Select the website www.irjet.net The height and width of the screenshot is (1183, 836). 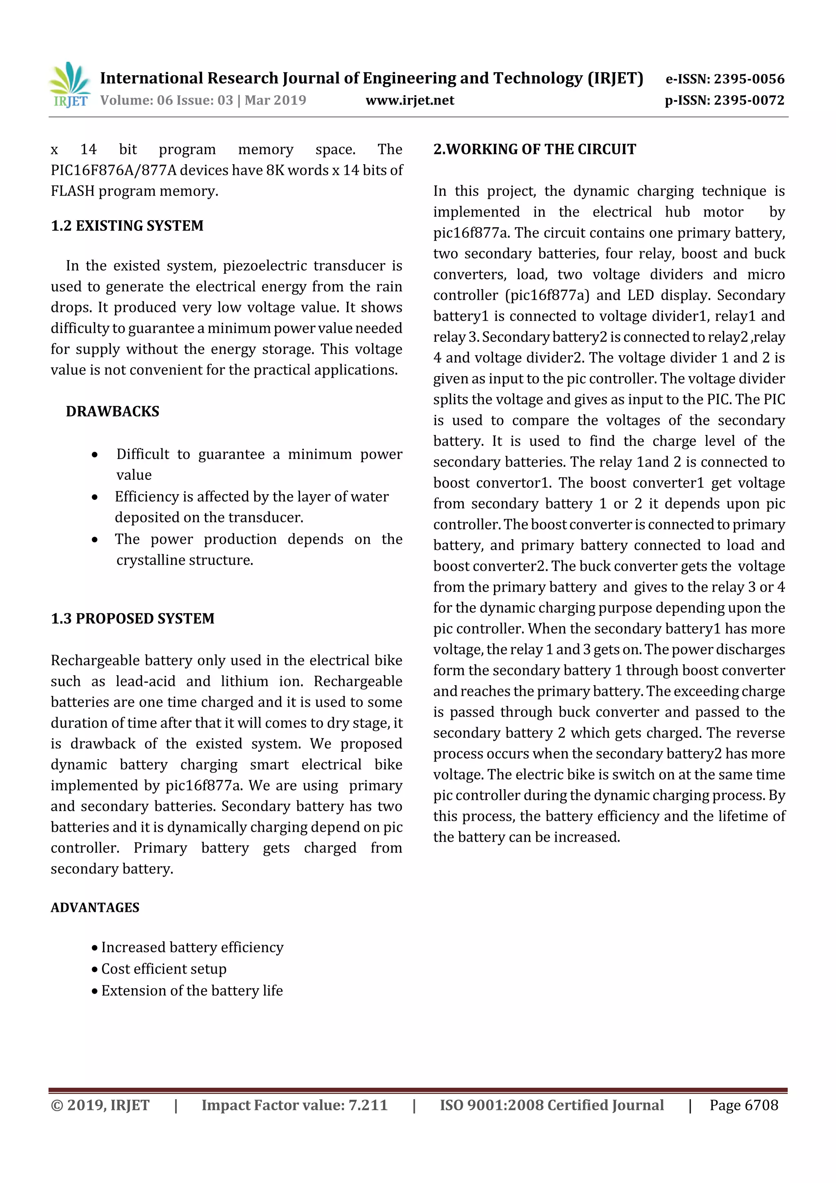pos(409,100)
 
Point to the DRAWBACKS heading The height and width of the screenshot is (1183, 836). pos(112,411)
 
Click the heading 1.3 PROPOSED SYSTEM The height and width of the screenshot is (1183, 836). pos(132,618)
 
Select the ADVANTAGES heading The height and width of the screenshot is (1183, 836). pos(95,907)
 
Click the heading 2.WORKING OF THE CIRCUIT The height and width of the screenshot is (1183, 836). pos(534,149)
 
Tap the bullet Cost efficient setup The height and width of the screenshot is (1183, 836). pos(163,969)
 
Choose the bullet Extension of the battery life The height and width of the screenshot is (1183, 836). pos(191,990)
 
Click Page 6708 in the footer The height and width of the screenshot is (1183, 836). pos(743,1105)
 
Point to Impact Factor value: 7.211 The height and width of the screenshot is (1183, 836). pos(294,1105)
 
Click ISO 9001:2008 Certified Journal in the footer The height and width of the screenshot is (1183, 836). pos(551,1105)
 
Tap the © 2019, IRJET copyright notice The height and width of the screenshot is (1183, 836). pos(100,1105)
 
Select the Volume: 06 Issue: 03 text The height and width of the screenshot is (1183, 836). pos(167,100)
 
